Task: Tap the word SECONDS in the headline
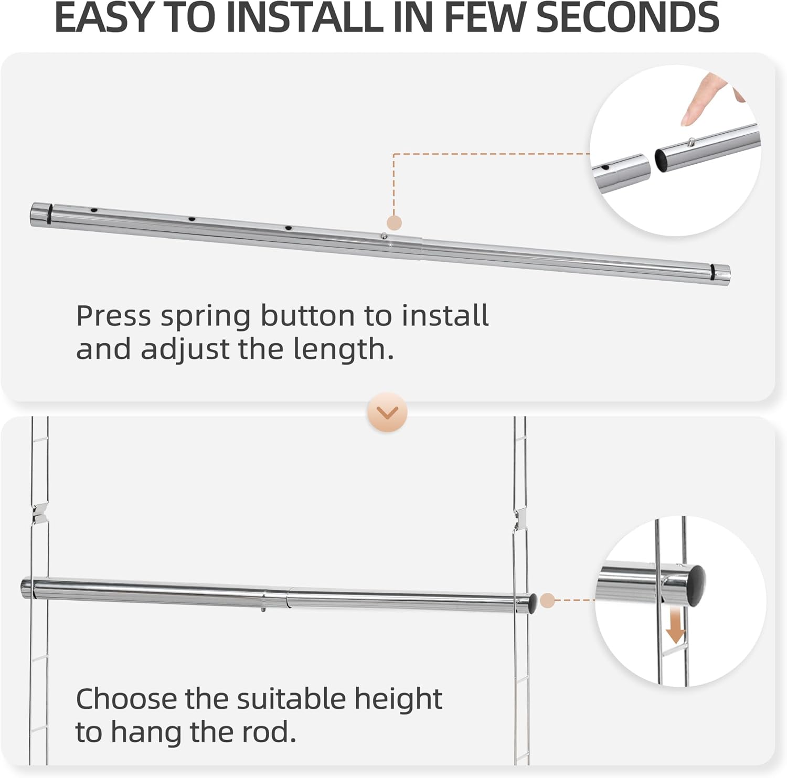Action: [628, 17]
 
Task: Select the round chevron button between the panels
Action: [388, 412]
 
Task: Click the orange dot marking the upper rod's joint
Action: [394, 222]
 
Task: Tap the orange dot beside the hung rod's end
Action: [547, 600]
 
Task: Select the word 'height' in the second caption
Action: [398, 699]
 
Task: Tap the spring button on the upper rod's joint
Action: [385, 237]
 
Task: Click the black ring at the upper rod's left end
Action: [49, 213]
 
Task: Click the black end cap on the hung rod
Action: [532, 603]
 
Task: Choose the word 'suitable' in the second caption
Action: [292, 699]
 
